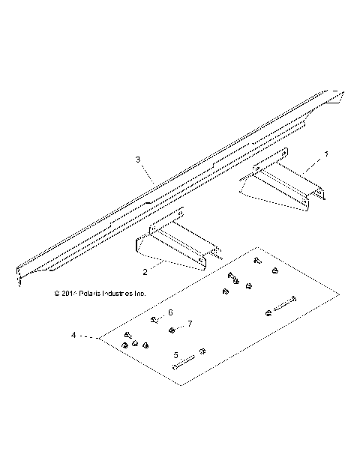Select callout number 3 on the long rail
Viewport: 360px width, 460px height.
click(x=138, y=160)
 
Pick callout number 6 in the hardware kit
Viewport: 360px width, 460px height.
click(x=170, y=312)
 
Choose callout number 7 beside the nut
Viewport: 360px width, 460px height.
click(x=190, y=324)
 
